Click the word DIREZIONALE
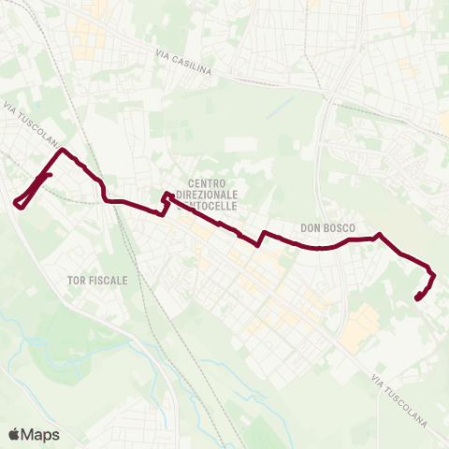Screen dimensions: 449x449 [214, 194]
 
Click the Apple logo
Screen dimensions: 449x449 [14, 434]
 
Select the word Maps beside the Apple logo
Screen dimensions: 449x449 [40, 434]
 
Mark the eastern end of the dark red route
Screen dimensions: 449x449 [416, 297]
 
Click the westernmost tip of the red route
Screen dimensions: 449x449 [15, 202]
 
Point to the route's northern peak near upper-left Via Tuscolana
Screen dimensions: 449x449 [63, 150]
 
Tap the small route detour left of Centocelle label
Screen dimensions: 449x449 [166, 201]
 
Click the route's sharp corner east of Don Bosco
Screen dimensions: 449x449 [378, 235]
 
